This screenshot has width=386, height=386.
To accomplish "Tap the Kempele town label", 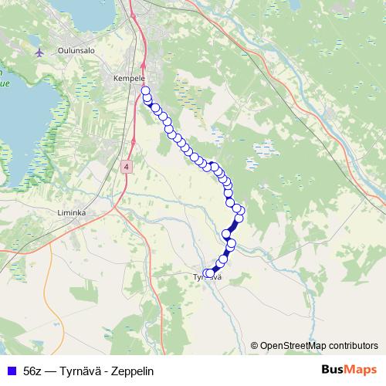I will (129, 79).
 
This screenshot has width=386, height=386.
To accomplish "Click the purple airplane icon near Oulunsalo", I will (39, 52).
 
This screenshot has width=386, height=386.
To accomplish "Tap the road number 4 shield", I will (125, 166).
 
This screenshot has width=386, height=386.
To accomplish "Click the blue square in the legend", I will (11, 371).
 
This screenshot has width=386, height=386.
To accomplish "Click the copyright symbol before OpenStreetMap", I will (254, 346).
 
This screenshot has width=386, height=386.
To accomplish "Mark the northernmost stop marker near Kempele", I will (145, 91).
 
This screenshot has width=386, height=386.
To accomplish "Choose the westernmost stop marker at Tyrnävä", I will (206, 273).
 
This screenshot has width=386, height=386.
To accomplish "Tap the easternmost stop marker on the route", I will (240, 210).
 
